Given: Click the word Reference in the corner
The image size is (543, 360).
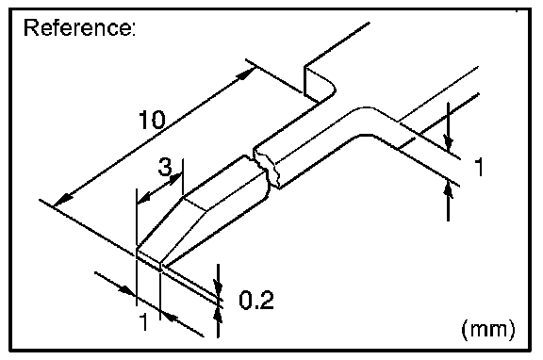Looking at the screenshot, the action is (79, 27).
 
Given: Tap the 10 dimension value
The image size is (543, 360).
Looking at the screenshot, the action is (152, 120).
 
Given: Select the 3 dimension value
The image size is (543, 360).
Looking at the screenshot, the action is (165, 166).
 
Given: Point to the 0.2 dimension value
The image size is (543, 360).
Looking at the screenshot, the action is (256, 300).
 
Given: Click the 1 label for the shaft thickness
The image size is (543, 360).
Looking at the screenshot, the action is (479, 167).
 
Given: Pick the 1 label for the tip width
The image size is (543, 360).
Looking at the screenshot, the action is (143, 321).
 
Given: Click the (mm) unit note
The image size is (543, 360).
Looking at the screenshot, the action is (488, 329).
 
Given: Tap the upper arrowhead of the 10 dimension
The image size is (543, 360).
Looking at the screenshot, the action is (247, 74).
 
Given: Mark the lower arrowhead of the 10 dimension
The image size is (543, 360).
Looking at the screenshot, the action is (62, 201).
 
